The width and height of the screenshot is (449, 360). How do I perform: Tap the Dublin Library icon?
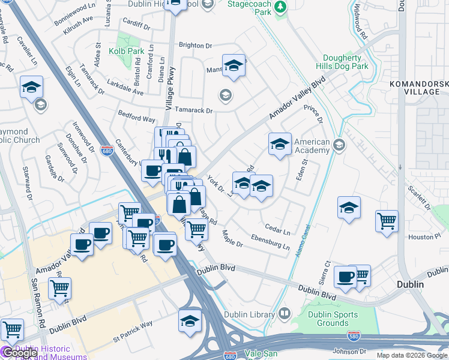coord(284,313)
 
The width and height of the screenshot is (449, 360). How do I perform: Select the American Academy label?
coord(312,146)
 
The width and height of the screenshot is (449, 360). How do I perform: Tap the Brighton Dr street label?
coord(196,46)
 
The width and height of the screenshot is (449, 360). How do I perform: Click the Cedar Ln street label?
coord(277,230)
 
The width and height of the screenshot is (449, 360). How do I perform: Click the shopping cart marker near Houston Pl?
coord(387,220)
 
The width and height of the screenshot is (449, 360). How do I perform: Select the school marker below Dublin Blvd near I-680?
coord(190,321)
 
